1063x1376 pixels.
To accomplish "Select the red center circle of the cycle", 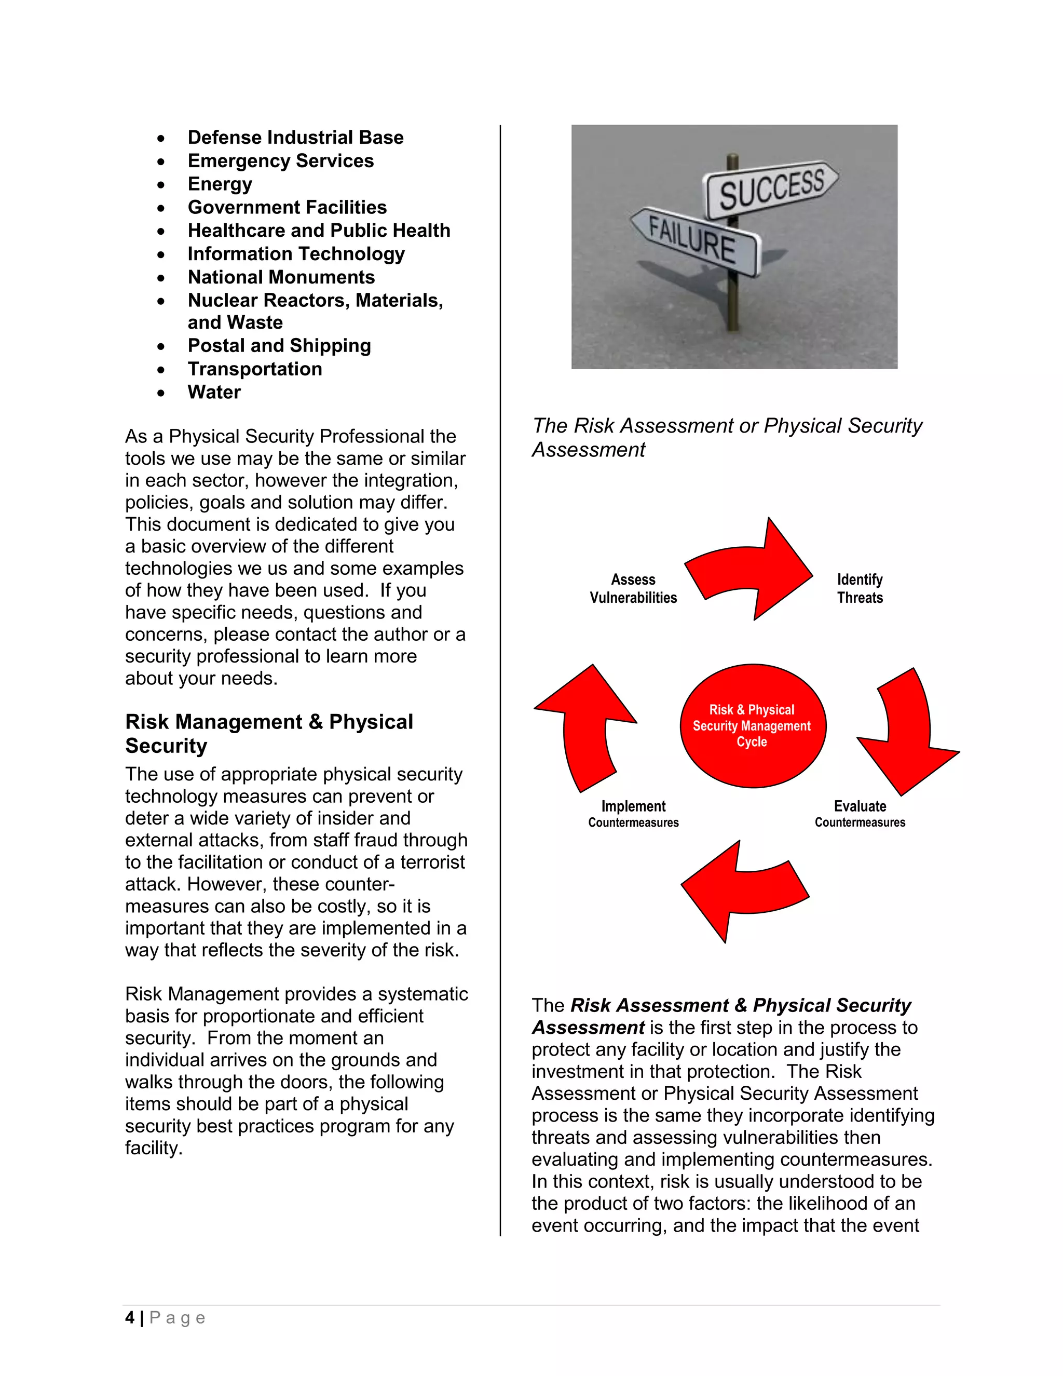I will pos(753,726).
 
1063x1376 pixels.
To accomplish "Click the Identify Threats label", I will pos(860,588).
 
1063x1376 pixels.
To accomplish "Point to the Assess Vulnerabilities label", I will pos(633,588).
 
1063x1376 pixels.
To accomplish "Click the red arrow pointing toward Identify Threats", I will pos(753,571).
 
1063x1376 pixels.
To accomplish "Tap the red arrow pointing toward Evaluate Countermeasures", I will pos(907,734).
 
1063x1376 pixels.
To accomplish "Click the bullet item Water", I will pos(214,393).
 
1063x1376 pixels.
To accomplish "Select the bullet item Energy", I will pos(220,184).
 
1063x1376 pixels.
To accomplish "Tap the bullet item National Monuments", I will pos(281,277).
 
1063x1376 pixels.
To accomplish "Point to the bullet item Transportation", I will pos(254,369).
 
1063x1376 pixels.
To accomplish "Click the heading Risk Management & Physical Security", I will pos(269,733).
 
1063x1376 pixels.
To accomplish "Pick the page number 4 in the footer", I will pos(130,1317).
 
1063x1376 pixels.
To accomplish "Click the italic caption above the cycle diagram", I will pos(726,437).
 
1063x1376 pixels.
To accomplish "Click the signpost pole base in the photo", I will pos(732,322).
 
